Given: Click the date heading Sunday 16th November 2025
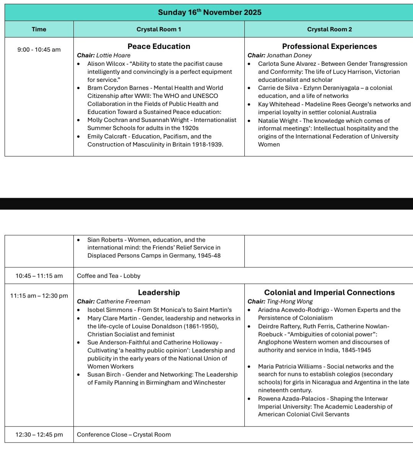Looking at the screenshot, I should click(210, 12).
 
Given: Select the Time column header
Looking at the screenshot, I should click(39, 29).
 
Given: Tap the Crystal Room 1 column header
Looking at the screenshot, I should click(159, 29).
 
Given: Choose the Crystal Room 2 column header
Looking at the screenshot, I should click(329, 29).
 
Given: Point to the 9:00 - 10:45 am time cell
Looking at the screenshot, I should click(39, 49).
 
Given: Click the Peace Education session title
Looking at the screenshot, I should click(159, 46).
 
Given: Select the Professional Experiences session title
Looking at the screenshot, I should click(329, 46).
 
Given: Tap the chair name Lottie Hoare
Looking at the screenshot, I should click(113, 55).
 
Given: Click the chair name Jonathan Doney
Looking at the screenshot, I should click(289, 55).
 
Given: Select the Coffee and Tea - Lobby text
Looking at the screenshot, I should click(109, 276).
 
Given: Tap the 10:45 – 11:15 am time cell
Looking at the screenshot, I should click(39, 276).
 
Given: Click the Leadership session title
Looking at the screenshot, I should click(159, 293).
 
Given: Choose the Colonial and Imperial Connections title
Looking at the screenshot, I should click(329, 293).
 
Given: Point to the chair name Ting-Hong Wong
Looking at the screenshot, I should click(290, 301).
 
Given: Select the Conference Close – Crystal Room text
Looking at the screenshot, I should click(124, 435).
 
